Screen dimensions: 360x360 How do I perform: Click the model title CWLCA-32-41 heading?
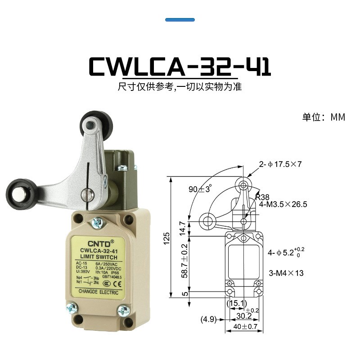(x=180, y=66)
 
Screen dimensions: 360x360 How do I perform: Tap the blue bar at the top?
(x=180, y=20)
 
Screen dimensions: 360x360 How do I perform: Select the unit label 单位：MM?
(x=324, y=117)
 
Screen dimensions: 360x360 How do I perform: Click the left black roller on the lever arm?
(x=20, y=192)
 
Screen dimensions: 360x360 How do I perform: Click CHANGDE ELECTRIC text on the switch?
(x=99, y=292)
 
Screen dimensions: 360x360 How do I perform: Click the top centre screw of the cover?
(x=97, y=221)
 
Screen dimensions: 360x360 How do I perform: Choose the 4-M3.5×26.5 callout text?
(x=283, y=204)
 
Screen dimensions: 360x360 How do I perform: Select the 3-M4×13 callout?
(x=286, y=273)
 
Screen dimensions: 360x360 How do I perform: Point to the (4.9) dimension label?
(x=209, y=320)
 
